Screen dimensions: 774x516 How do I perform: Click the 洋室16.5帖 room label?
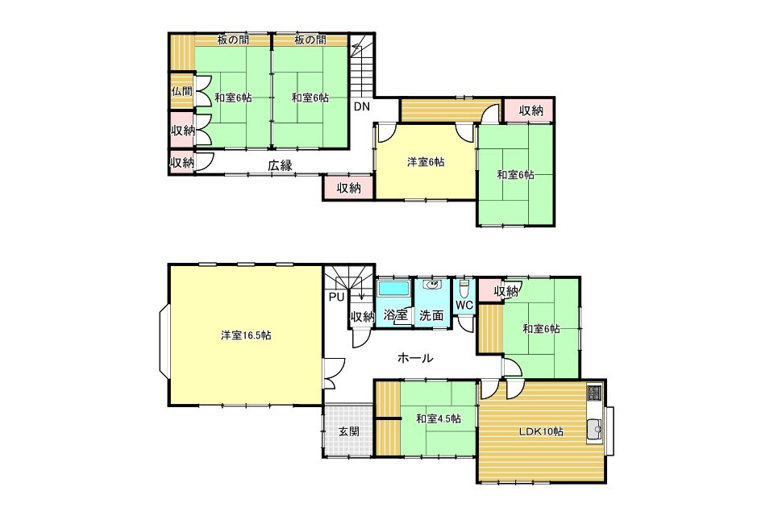tap(245, 335)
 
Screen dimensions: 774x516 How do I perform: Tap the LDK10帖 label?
tap(541, 431)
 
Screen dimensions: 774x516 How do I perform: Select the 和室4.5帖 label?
tap(439, 418)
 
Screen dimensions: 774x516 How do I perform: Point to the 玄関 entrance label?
tap(348, 431)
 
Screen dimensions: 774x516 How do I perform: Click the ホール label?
tap(415, 358)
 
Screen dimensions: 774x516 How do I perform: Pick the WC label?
tap(464, 305)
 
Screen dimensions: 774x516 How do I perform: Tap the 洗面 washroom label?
tap(431, 315)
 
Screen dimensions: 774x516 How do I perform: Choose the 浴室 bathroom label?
tap(395, 315)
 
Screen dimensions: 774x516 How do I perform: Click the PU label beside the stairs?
tap(337, 298)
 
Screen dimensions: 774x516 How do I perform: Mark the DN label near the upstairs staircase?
tap(362, 106)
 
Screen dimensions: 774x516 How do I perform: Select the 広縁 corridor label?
tap(280, 165)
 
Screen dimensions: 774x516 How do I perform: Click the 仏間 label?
tap(181, 91)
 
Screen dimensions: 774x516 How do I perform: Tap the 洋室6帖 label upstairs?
tap(426, 162)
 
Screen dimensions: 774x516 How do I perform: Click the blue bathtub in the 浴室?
tap(393, 289)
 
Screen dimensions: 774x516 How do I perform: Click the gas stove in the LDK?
tap(595, 393)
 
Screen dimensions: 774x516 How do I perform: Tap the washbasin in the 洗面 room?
tap(432, 285)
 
